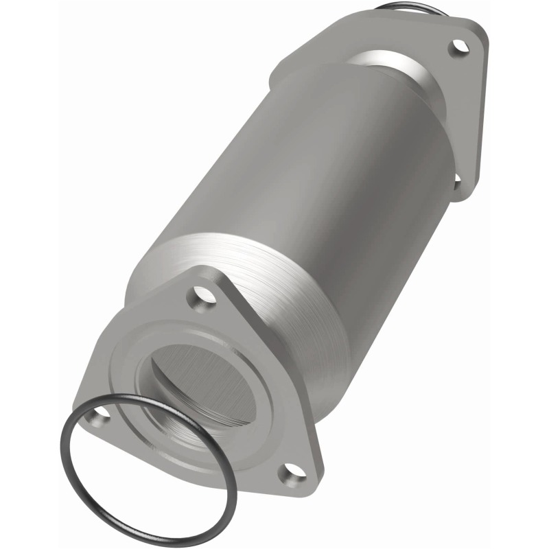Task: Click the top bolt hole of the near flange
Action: pos(204,297)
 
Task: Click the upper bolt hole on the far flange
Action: pos(458,47)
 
